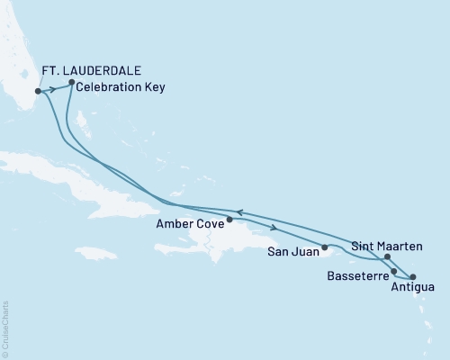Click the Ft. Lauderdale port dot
[37, 91]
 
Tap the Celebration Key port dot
[71, 83]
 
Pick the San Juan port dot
[324, 246]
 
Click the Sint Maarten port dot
[387, 257]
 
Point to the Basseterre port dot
[393, 270]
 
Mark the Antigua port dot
[412, 277]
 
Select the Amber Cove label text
[187, 224]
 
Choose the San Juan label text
[292, 251]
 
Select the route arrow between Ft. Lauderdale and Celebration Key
[53, 88]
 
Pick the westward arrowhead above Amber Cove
[239, 212]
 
